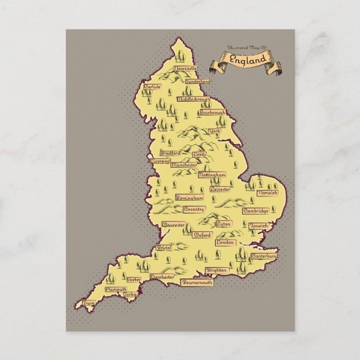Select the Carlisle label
click(152, 87)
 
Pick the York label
click(214, 131)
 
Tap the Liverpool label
click(157, 161)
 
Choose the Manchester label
click(184, 165)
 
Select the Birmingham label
click(190, 198)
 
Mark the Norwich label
click(267, 193)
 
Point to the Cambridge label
click(256, 211)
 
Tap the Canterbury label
click(264, 255)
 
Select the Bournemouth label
click(197, 283)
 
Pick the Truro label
click(88, 304)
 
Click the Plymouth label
click(116, 290)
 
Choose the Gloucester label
click(173, 225)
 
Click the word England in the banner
click(248, 58)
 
